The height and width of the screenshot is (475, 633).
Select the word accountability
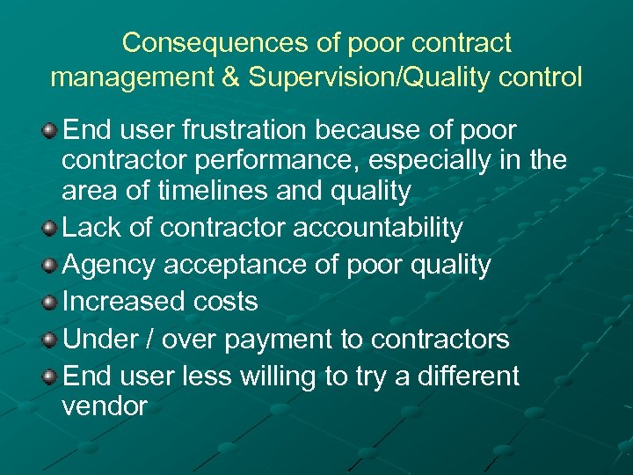pyautogui.click(x=377, y=228)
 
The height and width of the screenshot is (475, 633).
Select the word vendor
pyautogui.click(x=105, y=406)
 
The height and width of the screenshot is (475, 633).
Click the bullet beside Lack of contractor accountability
pyautogui.click(x=50, y=229)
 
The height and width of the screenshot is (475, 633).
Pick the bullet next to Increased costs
pyautogui.click(x=50, y=303)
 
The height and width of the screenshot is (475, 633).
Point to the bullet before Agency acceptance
pyautogui.click(x=50, y=266)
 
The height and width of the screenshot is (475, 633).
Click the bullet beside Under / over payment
pyautogui.click(x=50, y=340)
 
